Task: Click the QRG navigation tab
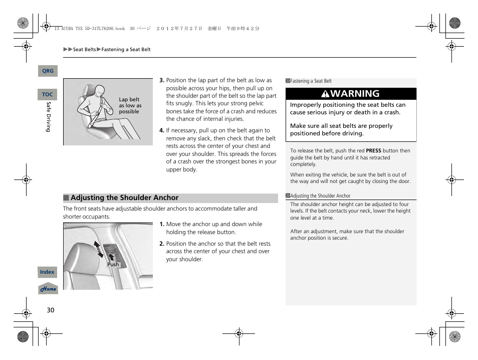[x=48, y=71]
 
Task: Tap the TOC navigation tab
[x=47, y=94]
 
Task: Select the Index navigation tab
[x=47, y=272]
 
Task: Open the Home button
[x=48, y=289]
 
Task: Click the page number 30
[x=50, y=310]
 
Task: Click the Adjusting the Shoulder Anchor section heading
[x=124, y=198]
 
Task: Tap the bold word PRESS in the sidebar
[x=373, y=150]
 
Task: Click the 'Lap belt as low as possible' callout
[x=130, y=106]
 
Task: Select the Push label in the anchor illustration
[x=113, y=264]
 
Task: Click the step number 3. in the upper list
[x=162, y=80]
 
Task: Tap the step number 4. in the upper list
[x=162, y=130]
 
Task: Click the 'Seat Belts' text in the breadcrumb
[x=84, y=50]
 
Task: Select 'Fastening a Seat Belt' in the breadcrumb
[x=126, y=50]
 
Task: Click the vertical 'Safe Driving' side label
[x=49, y=117]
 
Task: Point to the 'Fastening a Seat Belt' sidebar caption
[x=311, y=81]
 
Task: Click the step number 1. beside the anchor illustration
[x=162, y=225]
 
